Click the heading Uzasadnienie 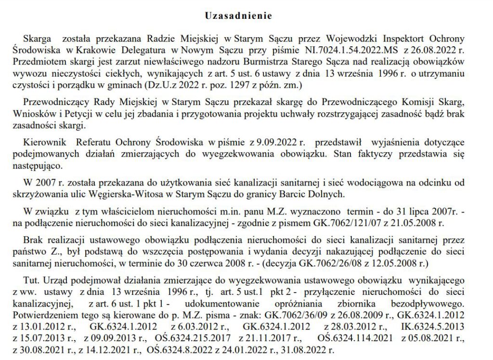pos(238,15)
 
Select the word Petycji pos(101,115)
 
